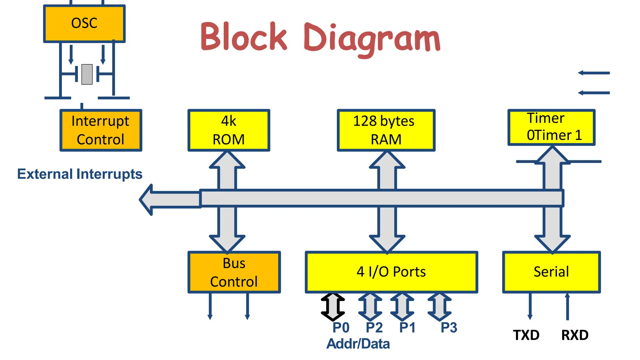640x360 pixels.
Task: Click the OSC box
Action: point(84,23)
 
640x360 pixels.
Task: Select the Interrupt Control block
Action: point(101,130)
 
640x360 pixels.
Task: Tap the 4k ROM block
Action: point(229,130)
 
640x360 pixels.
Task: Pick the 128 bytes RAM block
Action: point(386,130)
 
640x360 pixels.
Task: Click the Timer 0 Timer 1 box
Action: point(552,127)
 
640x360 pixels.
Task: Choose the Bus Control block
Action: point(234,272)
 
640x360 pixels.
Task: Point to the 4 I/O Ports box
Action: point(391,272)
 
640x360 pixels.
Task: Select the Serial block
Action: point(551,272)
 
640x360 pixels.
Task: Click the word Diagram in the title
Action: point(372,39)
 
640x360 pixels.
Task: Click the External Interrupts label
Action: point(80,174)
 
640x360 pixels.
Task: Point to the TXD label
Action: point(526,335)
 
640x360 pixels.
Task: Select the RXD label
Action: point(575,335)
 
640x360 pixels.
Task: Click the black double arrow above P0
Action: point(333,307)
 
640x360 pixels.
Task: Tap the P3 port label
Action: point(449,328)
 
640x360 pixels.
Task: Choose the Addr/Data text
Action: point(358,344)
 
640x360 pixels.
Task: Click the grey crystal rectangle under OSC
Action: point(87,74)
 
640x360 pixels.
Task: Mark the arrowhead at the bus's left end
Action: point(147,199)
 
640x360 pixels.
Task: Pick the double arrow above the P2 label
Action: point(370,307)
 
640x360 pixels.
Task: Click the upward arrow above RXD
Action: point(567,306)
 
